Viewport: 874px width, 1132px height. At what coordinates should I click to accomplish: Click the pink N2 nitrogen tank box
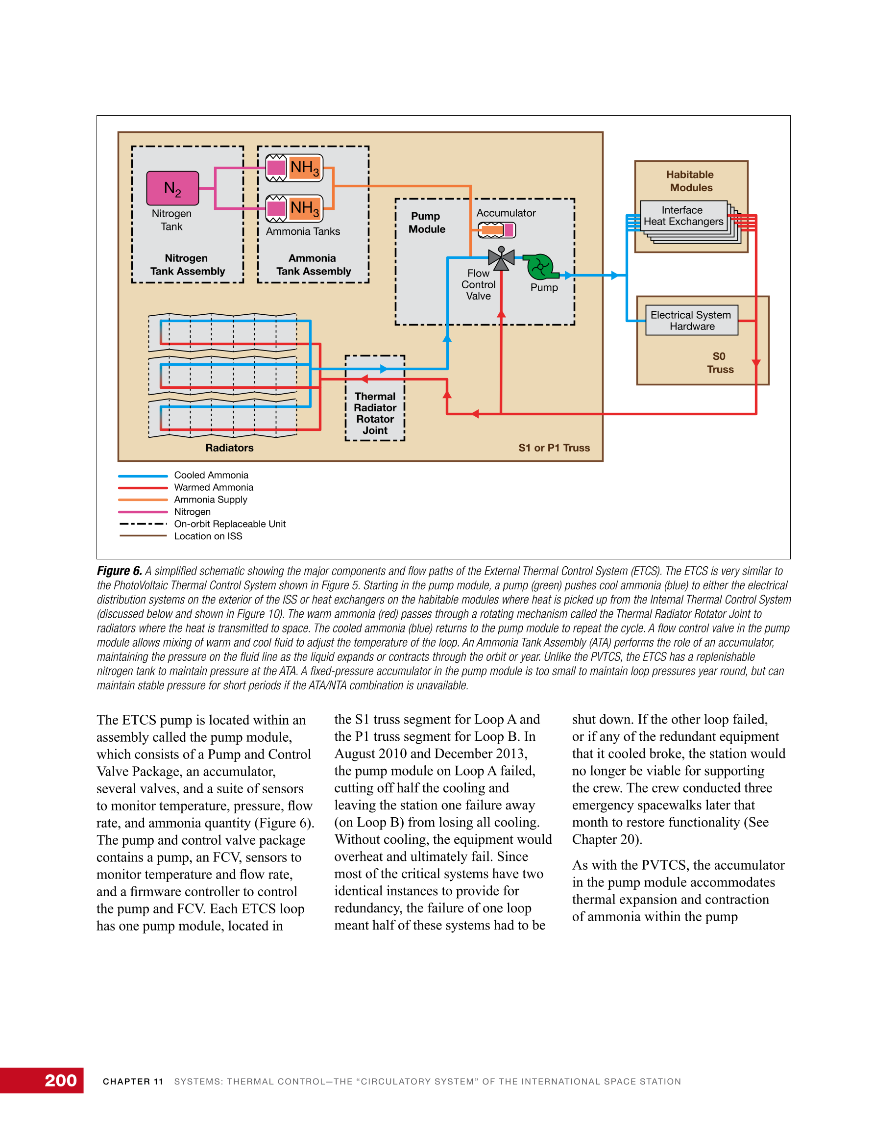172,188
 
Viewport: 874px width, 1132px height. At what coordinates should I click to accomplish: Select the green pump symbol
540,266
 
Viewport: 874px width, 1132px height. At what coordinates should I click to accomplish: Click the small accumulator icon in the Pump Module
496,229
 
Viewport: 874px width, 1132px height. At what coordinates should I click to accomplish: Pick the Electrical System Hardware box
691,320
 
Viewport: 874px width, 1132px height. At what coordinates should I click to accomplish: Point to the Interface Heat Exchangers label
683,216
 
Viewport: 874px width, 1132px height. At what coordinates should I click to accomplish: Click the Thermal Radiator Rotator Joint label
375,413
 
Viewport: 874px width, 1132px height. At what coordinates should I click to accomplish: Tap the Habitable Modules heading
691,181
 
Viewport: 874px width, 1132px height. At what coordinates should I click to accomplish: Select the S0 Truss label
720,363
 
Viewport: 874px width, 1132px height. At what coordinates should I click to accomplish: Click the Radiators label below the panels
229,448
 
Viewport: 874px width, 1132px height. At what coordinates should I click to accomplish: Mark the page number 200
61,1080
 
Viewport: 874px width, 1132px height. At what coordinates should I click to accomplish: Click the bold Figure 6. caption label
119,571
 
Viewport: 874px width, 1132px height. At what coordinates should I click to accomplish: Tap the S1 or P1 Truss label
554,448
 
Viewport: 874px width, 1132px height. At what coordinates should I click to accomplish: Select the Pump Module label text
426,223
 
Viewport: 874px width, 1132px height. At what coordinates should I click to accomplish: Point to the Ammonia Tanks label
303,232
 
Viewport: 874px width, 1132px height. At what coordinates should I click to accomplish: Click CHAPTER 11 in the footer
133,1081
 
